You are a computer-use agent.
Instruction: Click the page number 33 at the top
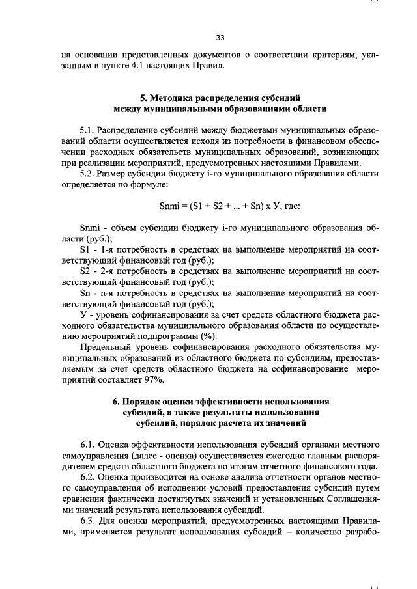(220, 38)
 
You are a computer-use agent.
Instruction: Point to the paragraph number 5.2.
(88, 174)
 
